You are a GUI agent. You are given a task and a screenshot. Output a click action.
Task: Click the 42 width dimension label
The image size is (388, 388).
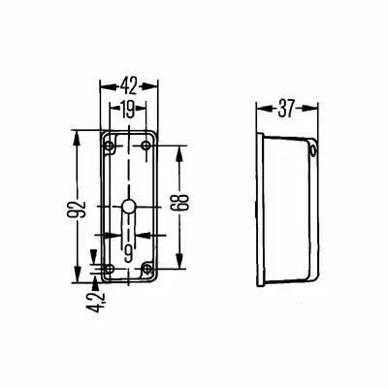(129, 86)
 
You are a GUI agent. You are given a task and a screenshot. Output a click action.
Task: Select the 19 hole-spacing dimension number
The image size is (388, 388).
(128, 110)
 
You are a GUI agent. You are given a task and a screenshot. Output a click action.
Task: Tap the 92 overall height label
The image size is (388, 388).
(77, 210)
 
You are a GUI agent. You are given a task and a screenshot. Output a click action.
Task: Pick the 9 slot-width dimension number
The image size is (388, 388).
(129, 253)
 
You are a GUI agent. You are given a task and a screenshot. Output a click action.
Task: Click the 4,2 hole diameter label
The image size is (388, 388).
(96, 302)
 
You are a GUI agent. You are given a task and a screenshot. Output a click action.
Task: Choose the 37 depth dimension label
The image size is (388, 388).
(286, 109)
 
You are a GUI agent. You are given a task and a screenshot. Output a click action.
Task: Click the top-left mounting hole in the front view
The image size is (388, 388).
(110, 145)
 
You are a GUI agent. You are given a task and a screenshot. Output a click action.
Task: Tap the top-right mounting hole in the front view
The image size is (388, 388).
(146, 145)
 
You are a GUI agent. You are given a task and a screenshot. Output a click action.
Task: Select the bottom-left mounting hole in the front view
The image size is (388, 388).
(110, 269)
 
